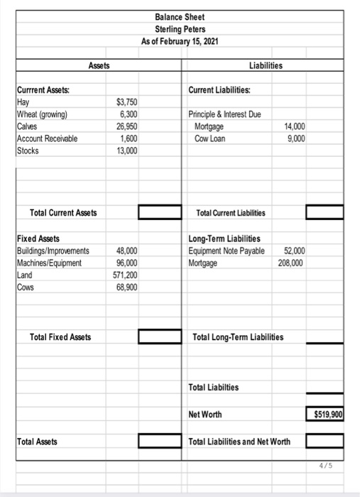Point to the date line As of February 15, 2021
tap(180, 40)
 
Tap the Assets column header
tap(101, 66)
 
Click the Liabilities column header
tap(266, 66)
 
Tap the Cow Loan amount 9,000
tap(295, 138)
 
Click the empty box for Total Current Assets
tap(158, 212)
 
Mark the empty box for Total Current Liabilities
tap(324, 212)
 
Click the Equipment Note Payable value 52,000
tap(294, 250)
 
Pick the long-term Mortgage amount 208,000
tap(292, 262)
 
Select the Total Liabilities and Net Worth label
tap(239, 442)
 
